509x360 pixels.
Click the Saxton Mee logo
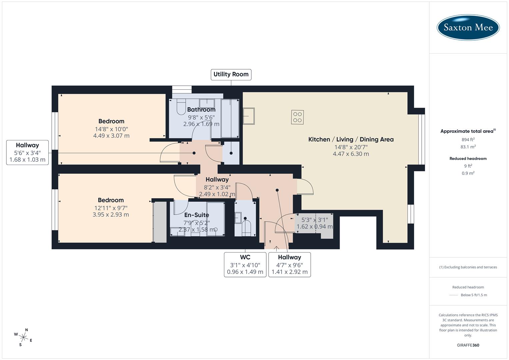468,27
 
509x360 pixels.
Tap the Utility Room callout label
231,74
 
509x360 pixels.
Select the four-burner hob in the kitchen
297,117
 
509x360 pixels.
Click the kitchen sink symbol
248,116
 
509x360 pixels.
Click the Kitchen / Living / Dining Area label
351,139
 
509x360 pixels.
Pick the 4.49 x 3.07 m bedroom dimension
111,136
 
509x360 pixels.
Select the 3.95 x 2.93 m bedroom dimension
111,215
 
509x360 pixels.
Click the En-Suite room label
197,215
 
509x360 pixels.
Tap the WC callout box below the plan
245,265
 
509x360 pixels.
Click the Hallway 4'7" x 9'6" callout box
289,265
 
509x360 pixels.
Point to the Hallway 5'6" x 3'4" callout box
27,152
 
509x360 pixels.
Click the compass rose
23,337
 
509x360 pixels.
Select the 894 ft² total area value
468,140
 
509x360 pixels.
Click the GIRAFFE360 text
468,345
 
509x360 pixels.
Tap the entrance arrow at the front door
276,248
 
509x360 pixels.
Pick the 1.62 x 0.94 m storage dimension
314,227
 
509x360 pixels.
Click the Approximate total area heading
468,131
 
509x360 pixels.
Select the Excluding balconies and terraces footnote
468,267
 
